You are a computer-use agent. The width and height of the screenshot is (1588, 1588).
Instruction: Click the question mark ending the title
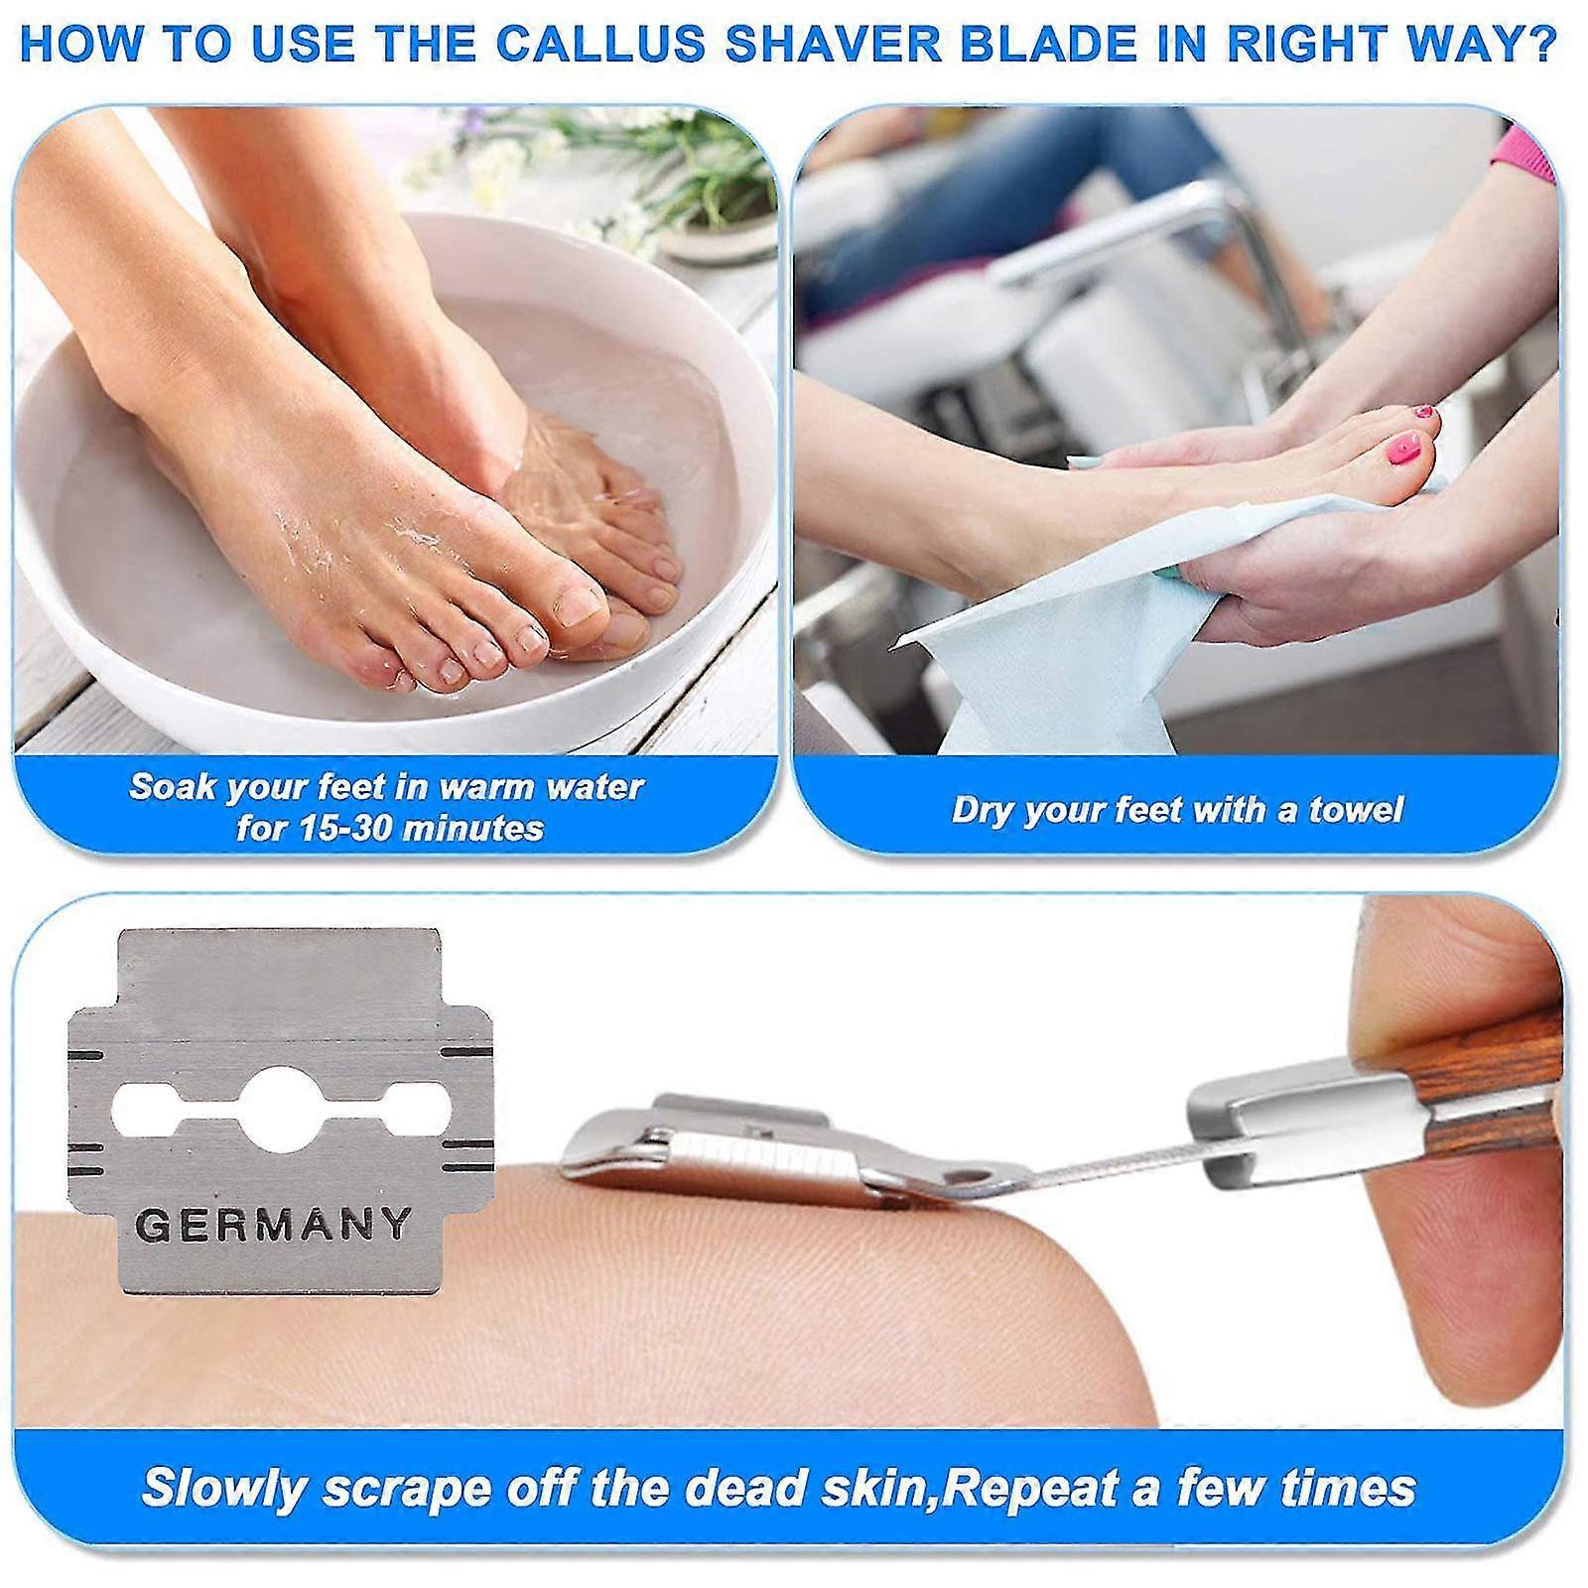[1540, 45]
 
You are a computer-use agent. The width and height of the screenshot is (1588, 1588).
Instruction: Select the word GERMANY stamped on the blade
[273, 1225]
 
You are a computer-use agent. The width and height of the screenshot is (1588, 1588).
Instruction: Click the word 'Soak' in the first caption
[172, 787]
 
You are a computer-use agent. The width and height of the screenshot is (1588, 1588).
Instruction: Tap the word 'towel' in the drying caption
[1355, 810]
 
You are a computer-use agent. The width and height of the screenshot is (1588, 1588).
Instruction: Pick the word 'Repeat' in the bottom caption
[1031, 1487]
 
